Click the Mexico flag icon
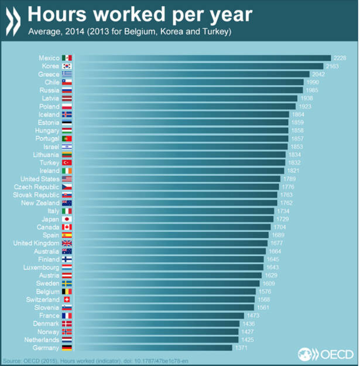(x=67, y=58)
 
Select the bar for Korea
(x=199, y=66)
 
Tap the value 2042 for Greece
(x=318, y=74)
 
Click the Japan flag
(x=67, y=219)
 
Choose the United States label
(x=40, y=179)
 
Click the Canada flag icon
(x=67, y=227)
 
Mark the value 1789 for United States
(x=290, y=179)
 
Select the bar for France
(x=158, y=316)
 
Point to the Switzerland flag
(x=67, y=299)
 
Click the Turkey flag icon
(x=67, y=162)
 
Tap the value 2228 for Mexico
(x=340, y=58)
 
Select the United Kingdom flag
(x=67, y=243)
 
